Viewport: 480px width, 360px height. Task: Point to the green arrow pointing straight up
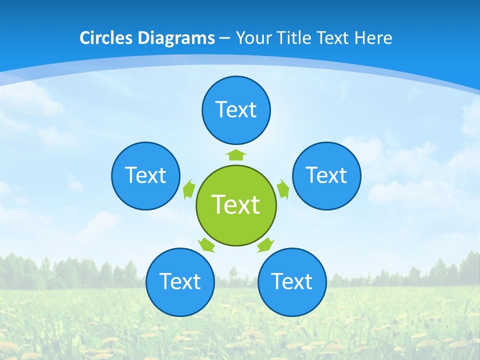(x=236, y=153)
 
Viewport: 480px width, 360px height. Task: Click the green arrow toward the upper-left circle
(x=189, y=189)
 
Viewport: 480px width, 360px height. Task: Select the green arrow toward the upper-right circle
(x=283, y=189)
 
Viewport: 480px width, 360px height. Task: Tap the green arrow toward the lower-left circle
(x=206, y=244)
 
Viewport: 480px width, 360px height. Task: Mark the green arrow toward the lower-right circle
(x=265, y=244)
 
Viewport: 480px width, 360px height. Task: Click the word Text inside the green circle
(x=236, y=204)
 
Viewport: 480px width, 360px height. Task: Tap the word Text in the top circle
(x=236, y=109)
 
